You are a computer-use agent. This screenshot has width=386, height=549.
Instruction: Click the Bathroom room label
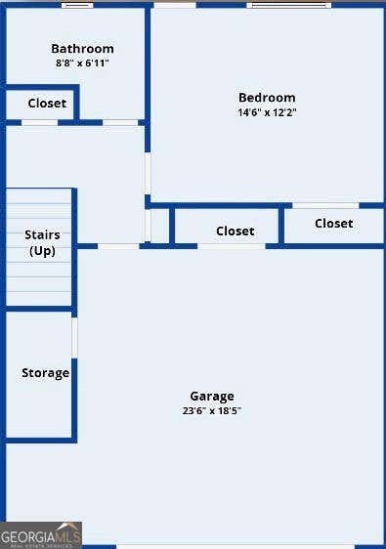[x=82, y=49]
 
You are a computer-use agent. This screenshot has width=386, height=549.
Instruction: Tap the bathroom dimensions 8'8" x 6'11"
[x=82, y=63]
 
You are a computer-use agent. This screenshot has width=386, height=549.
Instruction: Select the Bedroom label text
[x=267, y=98]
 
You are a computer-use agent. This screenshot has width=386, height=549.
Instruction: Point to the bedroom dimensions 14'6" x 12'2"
[x=267, y=112]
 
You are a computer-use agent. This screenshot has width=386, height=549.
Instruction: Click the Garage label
[x=212, y=397]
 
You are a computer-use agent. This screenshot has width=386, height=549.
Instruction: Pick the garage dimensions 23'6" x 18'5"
[x=212, y=410]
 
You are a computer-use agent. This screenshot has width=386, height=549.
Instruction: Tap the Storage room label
[x=45, y=373]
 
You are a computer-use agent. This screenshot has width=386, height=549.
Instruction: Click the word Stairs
[x=42, y=234]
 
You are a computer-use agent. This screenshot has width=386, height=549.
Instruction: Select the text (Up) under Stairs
[x=42, y=251]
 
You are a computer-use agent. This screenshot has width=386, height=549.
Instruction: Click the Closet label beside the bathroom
[x=47, y=104]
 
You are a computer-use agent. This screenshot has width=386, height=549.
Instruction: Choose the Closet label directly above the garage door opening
[x=236, y=232]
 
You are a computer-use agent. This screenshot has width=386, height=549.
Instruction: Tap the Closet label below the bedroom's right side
[x=334, y=224]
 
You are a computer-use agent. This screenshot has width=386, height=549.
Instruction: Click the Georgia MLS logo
[x=41, y=535]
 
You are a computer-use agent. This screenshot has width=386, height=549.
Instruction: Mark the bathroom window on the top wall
[x=77, y=5]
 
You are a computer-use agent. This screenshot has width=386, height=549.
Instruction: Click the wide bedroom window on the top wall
[x=289, y=5]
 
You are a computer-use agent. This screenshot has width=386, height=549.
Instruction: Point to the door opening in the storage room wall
[x=74, y=338]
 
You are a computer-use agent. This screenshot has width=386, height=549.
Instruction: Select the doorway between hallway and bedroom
[x=148, y=173]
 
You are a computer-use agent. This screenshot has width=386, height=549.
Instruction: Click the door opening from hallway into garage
[x=118, y=246]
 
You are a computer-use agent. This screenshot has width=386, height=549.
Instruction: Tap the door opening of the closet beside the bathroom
[x=40, y=122]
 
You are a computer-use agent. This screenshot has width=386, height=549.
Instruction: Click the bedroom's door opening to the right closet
[x=325, y=205]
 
